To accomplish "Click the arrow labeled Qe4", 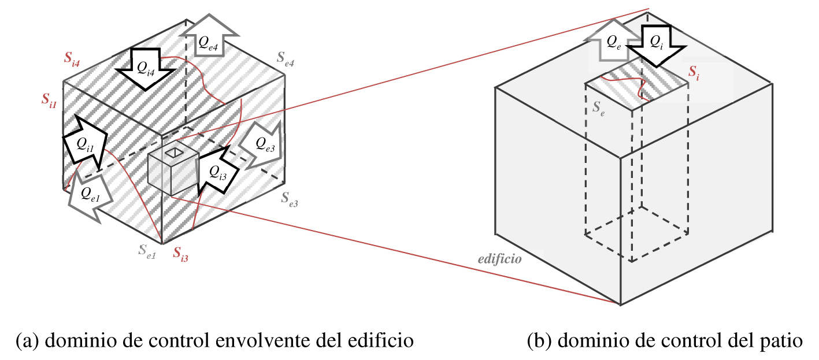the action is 209,36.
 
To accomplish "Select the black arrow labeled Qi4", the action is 146,69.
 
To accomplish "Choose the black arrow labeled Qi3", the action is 217,171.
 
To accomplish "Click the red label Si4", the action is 72,58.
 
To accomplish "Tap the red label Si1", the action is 49,100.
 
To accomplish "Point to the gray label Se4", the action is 285,59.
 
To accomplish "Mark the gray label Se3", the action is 290,199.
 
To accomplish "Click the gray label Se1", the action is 147,251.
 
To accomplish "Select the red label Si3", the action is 180,254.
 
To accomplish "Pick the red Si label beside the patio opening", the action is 694,72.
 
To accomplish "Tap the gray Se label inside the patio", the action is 599,109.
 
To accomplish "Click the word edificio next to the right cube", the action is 499,259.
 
